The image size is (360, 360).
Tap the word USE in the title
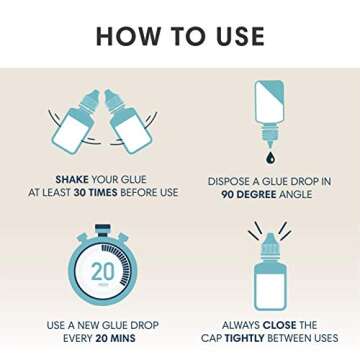235,36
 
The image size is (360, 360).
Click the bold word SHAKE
72,180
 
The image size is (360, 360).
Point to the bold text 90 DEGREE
249,195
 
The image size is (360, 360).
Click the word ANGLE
295,195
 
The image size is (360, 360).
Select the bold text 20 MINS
116,338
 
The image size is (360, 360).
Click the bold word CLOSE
279,325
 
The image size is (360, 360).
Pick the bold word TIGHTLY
244,338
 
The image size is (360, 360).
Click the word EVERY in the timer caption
78,338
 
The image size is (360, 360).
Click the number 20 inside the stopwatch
103,272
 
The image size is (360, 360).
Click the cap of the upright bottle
269,247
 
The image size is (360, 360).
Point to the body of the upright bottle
270,287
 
